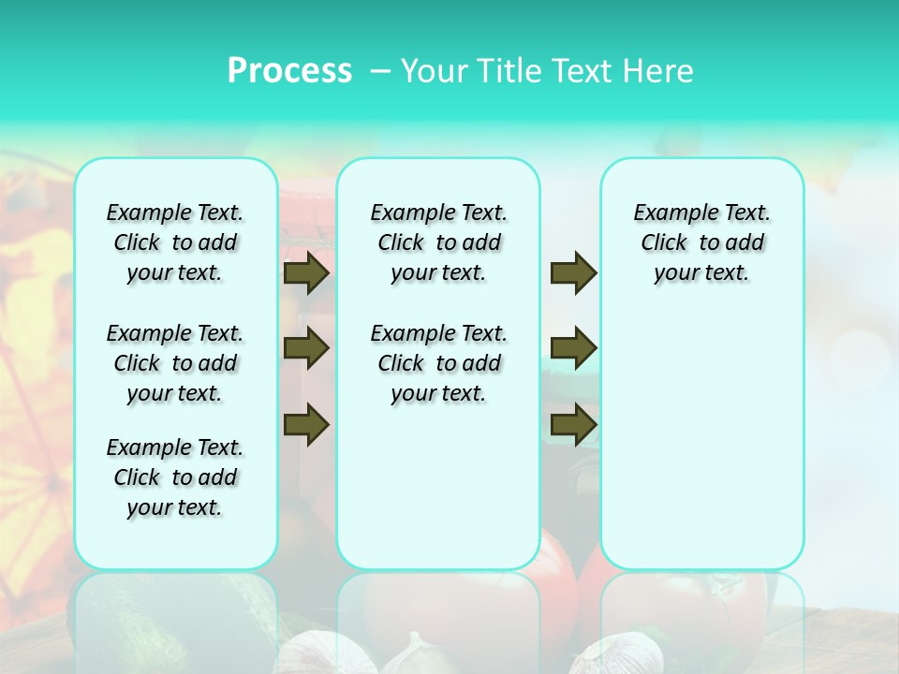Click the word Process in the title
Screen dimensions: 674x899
pos(289,71)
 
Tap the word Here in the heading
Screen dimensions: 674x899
pos(656,71)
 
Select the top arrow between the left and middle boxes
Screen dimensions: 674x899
pos(306,272)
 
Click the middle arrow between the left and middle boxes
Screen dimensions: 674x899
pos(306,348)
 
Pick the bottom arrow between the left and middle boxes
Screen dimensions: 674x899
pos(306,424)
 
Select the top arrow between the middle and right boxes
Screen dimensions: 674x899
pos(573,272)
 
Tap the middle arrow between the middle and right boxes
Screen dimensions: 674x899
pos(573,348)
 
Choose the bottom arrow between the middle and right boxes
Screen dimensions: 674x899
pos(573,424)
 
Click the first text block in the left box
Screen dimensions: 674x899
pos(175,242)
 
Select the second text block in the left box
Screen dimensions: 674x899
pos(175,363)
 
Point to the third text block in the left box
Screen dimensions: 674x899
pos(175,477)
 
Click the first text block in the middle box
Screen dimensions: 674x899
pos(438,242)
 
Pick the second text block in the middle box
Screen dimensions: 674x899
pos(438,363)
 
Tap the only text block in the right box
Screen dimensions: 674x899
pos(701,242)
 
